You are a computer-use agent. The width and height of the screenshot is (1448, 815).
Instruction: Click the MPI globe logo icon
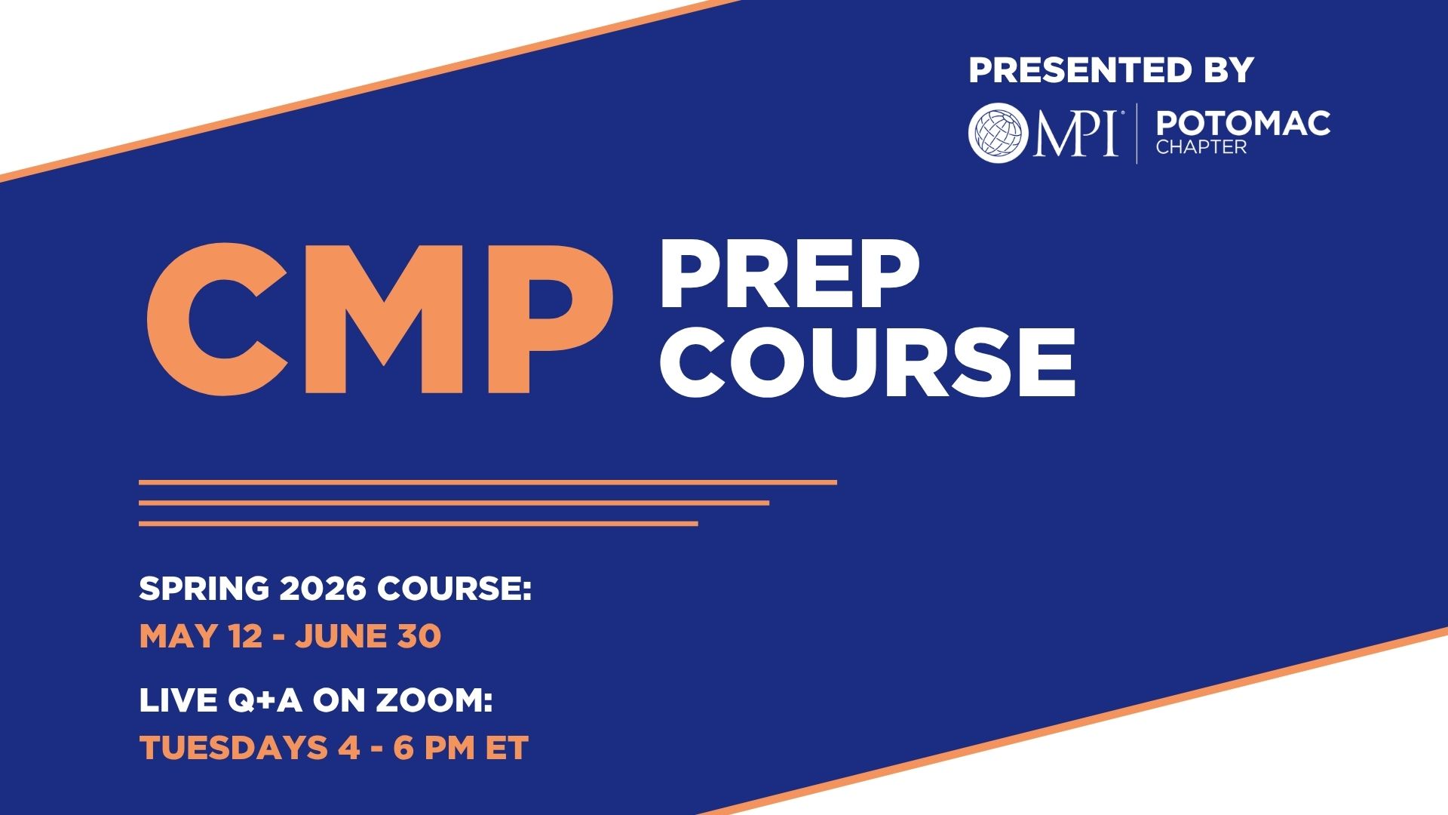(x=999, y=133)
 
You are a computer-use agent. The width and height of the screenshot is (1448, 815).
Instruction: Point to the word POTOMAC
(x=1243, y=123)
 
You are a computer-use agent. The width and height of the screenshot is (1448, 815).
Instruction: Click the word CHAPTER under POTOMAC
(x=1201, y=147)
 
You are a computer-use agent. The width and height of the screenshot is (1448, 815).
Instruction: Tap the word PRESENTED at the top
(x=1075, y=70)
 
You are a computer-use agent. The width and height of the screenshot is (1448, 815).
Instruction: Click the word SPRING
(x=204, y=589)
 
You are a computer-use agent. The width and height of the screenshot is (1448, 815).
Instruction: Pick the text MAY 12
(x=201, y=636)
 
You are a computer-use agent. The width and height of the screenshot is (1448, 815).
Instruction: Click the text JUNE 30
(x=368, y=636)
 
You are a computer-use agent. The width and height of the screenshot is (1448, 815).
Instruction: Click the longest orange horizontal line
(x=488, y=482)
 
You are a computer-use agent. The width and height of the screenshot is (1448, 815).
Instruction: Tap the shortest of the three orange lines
(x=419, y=523)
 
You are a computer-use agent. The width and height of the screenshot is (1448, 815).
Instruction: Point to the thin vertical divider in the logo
(x=1137, y=133)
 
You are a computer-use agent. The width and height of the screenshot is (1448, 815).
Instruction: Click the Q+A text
(x=265, y=701)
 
